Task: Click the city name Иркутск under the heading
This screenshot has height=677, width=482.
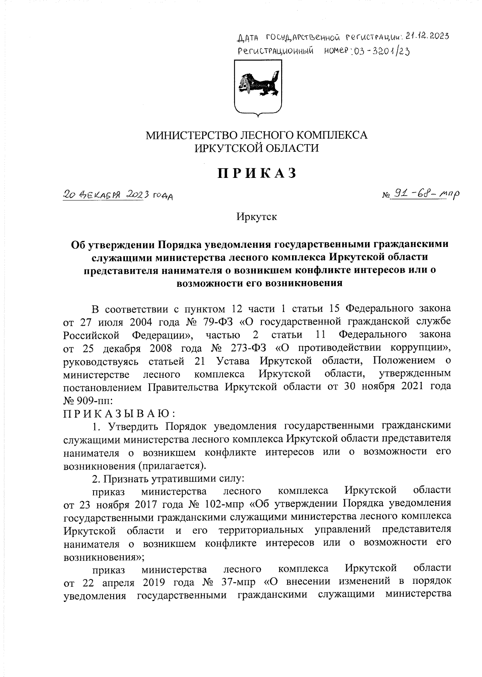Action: point(257,217)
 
